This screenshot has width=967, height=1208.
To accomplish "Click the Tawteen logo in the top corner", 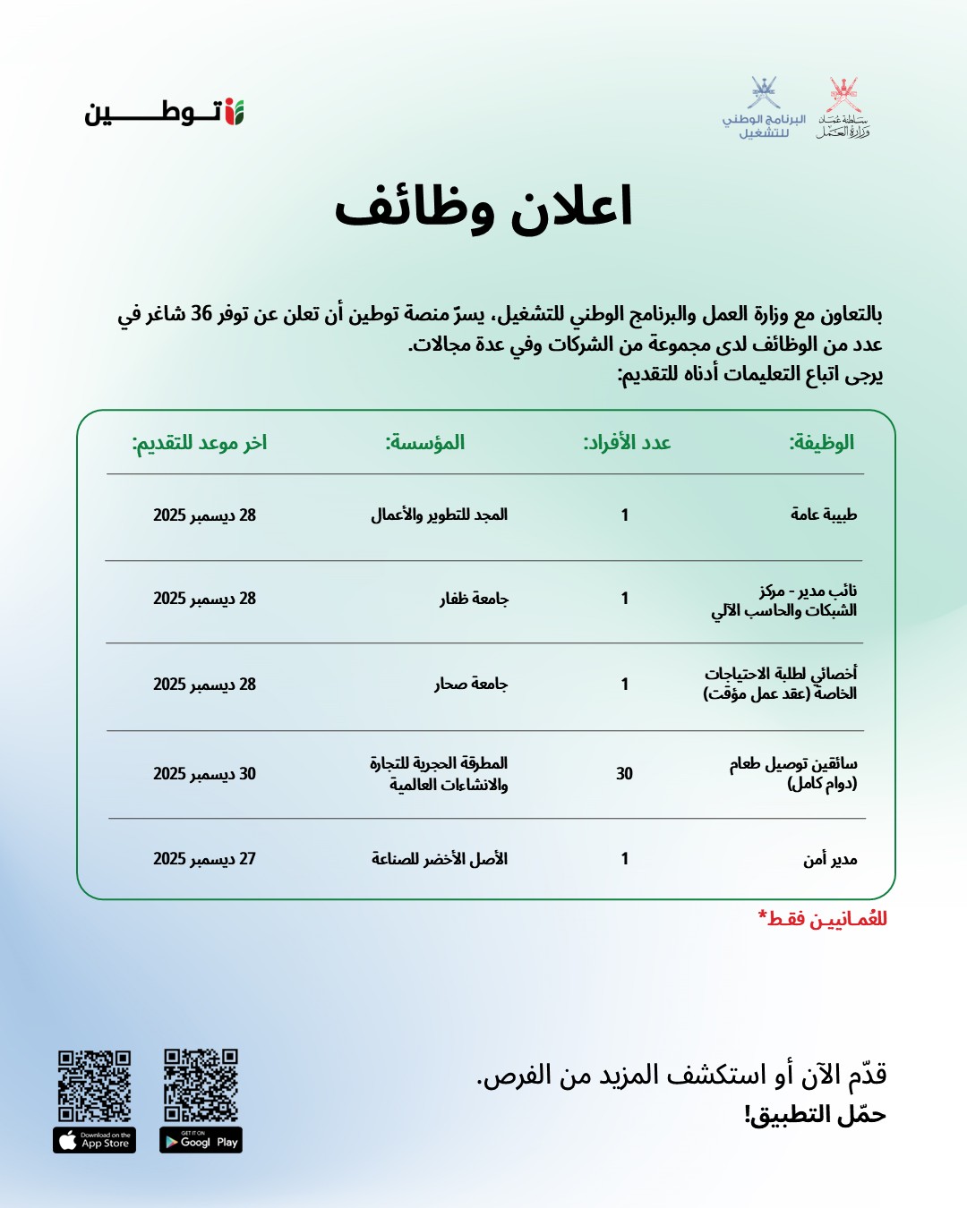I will coord(165,113).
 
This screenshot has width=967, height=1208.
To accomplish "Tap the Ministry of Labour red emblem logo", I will coord(843,108).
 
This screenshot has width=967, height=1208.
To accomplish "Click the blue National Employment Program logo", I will coord(765,108).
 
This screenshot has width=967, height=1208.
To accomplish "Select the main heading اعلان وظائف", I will coord(483,208).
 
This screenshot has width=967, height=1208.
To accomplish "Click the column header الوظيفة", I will coord(821,442).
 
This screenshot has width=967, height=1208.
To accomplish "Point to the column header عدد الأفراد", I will coord(627,442).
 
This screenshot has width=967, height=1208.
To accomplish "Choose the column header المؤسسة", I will coord(425,442).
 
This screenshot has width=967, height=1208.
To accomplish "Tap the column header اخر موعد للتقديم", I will coord(200,442).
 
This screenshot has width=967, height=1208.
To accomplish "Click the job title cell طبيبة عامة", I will coord(824,515).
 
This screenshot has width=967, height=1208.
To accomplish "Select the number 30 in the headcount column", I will coord(624,773).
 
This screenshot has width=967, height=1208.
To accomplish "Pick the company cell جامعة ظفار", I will coord(474,598).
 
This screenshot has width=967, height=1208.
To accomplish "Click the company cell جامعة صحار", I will coord(471,684).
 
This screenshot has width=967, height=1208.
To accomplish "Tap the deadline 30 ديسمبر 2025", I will coord(204,773).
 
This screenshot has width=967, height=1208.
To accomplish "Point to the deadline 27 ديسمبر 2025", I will coord(204,858).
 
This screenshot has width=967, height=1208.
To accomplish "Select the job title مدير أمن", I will coord(830,859).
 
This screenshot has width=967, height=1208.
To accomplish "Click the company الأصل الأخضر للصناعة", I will coord(440,858).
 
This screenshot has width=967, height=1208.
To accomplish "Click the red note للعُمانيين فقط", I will coord(823,919).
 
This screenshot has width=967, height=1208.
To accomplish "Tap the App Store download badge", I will coord(94,1140).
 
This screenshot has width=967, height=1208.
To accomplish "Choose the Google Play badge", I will coord(201,1140).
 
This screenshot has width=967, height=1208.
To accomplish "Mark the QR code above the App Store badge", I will coord(94,1085).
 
